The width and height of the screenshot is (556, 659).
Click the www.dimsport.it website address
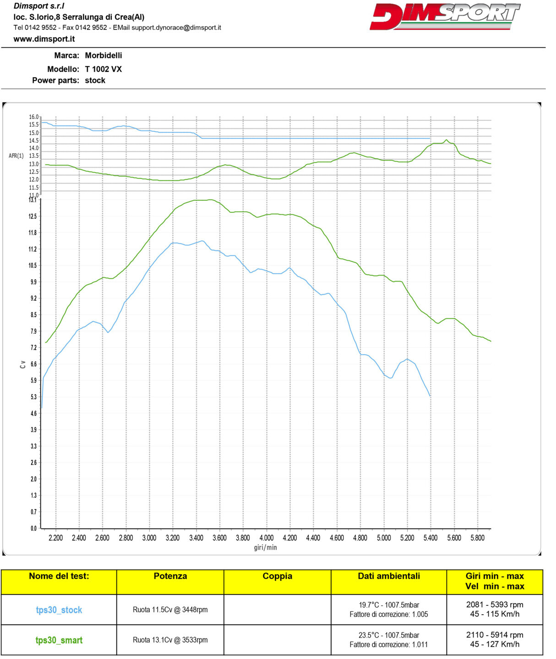pos(44,39)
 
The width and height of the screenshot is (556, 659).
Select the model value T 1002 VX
pos(103,69)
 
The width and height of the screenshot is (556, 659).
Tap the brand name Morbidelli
pos(103,55)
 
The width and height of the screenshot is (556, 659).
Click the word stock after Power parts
pos(95,81)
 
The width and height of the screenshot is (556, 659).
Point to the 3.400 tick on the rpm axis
pos(196,538)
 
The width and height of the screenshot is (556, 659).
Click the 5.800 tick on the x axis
pos(477,538)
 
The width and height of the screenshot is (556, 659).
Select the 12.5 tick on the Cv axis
pos(33,216)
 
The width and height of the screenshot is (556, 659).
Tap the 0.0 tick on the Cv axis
pos(33,528)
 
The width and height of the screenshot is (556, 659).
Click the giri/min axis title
pos(265,547)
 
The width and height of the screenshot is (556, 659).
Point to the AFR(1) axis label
pos(16,156)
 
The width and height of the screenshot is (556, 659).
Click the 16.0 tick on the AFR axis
pos(34,117)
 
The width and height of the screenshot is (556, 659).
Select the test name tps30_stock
pos(59,610)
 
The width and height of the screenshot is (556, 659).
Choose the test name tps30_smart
pos(59,640)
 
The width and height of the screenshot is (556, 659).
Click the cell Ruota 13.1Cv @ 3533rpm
pos(170,640)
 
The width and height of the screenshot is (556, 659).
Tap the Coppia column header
pos(277,576)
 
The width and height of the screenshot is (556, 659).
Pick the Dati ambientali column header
pos(388,576)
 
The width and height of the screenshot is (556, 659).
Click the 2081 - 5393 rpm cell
pos(495,605)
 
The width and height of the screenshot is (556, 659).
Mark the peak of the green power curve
pos(210,200)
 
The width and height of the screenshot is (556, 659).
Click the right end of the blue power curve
pos(430,396)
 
